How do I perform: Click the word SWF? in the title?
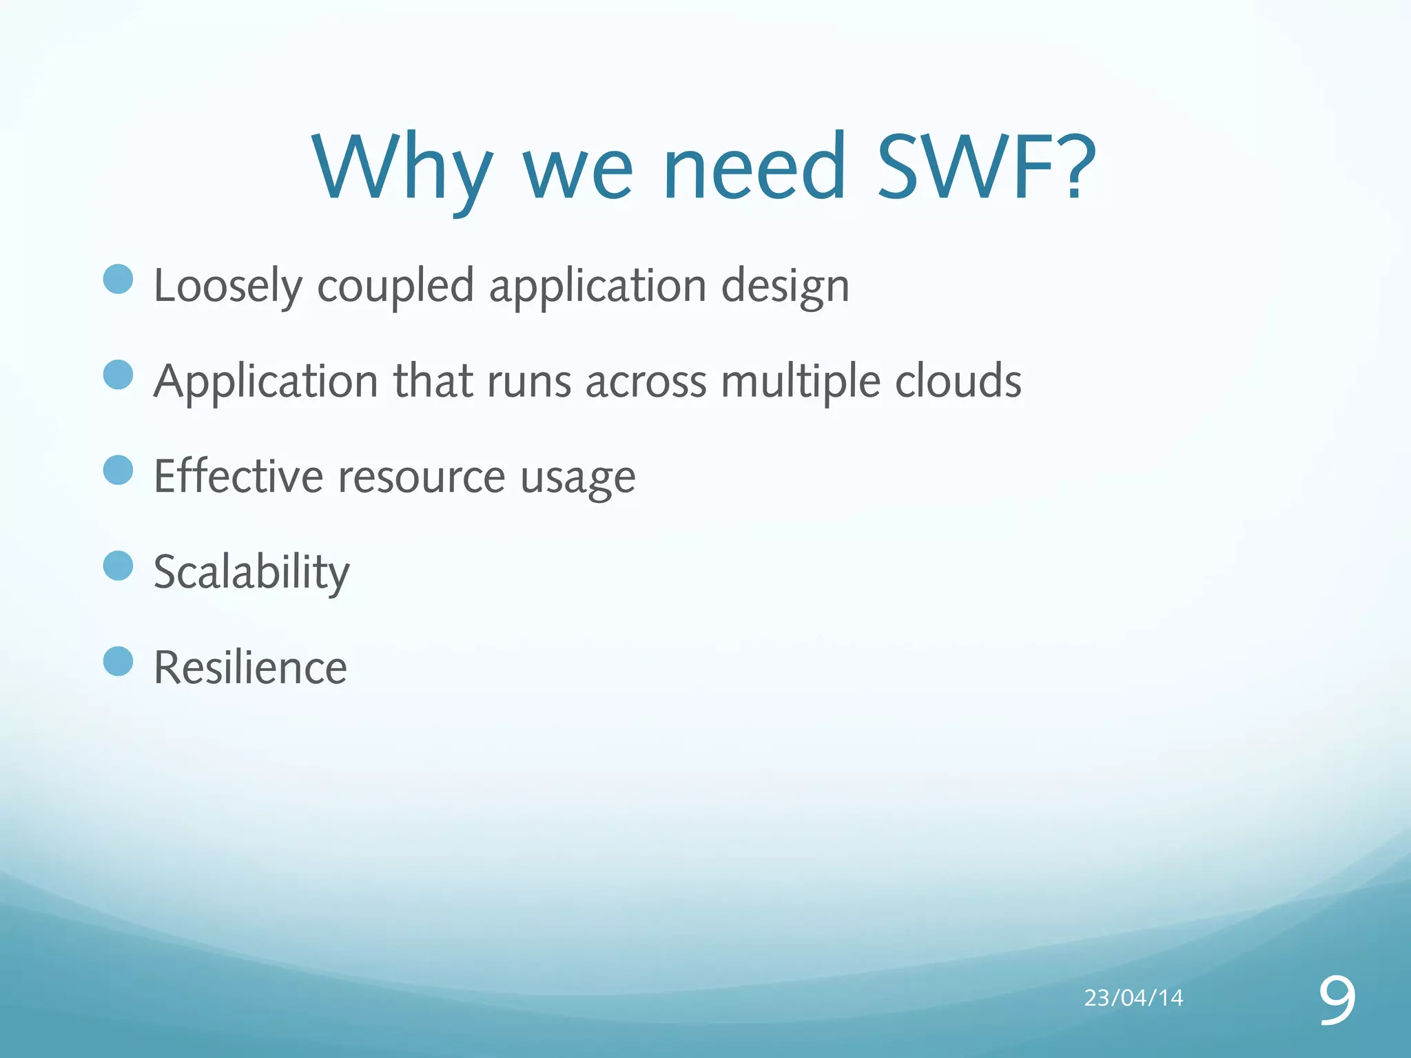pyautogui.click(x=985, y=167)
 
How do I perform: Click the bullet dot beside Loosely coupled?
pyautogui.click(x=118, y=279)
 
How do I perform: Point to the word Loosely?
pyautogui.click(x=228, y=286)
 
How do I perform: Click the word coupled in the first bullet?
pyautogui.click(x=395, y=286)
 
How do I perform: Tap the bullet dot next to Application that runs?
pyautogui.click(x=118, y=375)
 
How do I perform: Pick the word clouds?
pyautogui.click(x=958, y=381)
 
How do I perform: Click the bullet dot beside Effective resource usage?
pyautogui.click(x=118, y=470)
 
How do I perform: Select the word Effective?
pyautogui.click(x=238, y=476)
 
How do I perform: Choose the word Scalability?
pyautogui.click(x=251, y=572)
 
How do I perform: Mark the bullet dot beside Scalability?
pyautogui.click(x=118, y=566)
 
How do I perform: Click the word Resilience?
pyautogui.click(x=250, y=667)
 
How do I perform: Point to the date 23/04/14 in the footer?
pyautogui.click(x=1133, y=997)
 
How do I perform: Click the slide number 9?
pyautogui.click(x=1337, y=999)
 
